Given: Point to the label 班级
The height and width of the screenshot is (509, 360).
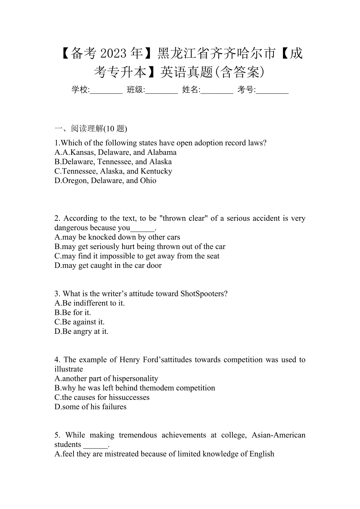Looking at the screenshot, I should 135,90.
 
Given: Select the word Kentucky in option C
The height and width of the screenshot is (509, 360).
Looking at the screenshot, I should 156,171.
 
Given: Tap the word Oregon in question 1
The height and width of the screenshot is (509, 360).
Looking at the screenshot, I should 75,181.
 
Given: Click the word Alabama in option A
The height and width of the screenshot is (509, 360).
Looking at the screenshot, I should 162,152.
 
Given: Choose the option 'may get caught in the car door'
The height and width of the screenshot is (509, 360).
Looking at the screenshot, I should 112,265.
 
